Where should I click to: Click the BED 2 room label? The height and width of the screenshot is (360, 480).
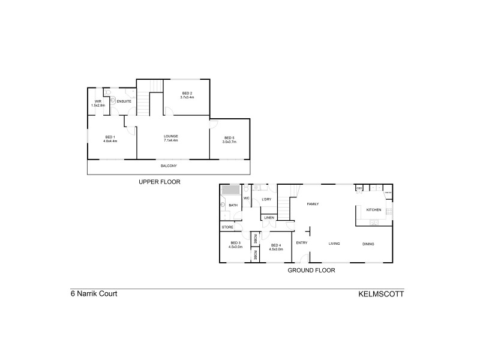pyautogui.click(x=187, y=94)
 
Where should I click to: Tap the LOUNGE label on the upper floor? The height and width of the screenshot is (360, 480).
pyautogui.click(x=171, y=136)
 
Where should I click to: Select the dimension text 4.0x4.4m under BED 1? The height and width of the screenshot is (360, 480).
pyautogui.click(x=110, y=141)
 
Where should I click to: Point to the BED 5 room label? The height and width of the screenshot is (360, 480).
pyautogui.click(x=229, y=138)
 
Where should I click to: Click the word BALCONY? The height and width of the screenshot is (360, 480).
pyautogui.click(x=169, y=166)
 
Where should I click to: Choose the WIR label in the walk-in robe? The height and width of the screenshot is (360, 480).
pyautogui.click(x=98, y=101)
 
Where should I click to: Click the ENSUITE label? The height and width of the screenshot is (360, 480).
pyautogui.click(x=124, y=101)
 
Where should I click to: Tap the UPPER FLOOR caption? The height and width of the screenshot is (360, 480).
pyautogui.click(x=159, y=181)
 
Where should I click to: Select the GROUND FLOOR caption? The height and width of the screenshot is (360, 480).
pyautogui.click(x=311, y=270)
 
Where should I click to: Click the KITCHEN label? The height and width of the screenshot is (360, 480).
pyautogui.click(x=374, y=209)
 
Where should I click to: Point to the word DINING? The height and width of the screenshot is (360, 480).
pyautogui.click(x=368, y=244)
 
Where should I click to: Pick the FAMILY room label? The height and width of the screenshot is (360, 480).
pyautogui.click(x=313, y=204)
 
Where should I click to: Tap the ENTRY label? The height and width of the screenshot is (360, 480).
pyautogui.click(x=301, y=243)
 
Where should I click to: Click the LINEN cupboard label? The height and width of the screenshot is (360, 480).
pyautogui.click(x=269, y=217)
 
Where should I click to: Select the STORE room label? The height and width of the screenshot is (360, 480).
pyautogui.click(x=227, y=227)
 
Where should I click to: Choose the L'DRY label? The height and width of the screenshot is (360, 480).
pyautogui.click(x=267, y=199)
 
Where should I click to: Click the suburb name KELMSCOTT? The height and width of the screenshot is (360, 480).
pyautogui.click(x=381, y=295)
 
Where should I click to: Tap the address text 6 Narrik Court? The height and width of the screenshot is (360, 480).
pyautogui.click(x=94, y=295)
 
